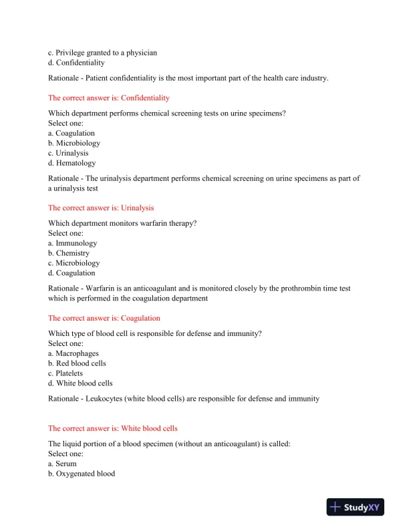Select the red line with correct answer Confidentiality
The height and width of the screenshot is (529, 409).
click(x=109, y=98)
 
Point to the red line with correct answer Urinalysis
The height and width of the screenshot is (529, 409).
click(x=101, y=208)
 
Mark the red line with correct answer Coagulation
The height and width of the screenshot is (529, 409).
click(x=104, y=318)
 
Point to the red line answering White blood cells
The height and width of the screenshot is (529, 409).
click(x=113, y=428)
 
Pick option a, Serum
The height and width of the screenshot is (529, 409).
click(x=62, y=464)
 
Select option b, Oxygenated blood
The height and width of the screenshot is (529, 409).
click(x=82, y=474)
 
